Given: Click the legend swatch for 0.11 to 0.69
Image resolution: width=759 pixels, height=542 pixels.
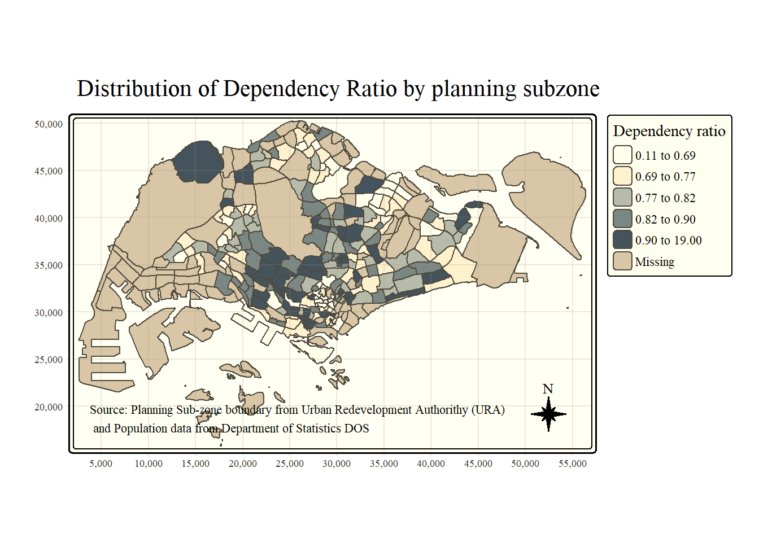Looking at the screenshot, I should pyautogui.click(x=622, y=155).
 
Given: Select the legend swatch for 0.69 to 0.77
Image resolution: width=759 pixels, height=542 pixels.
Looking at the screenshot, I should pyautogui.click(x=622, y=176).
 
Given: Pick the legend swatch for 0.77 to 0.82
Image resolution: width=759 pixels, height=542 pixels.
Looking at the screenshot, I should pyautogui.click(x=622, y=198).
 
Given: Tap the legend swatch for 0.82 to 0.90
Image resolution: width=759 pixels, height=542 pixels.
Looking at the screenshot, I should pyautogui.click(x=622, y=219).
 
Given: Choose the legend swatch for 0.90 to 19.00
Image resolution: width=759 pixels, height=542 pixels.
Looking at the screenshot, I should pyautogui.click(x=622, y=240).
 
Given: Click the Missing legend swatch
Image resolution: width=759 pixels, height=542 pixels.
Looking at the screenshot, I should pyautogui.click(x=622, y=261).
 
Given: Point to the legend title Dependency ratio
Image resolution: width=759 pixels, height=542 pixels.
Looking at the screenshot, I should pyautogui.click(x=669, y=131).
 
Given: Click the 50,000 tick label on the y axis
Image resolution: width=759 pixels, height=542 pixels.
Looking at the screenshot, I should pyautogui.click(x=49, y=124).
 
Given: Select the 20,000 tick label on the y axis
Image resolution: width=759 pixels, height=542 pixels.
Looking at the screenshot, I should pyautogui.click(x=49, y=407).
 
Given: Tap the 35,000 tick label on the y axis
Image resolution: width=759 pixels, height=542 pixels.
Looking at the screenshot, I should pyautogui.click(x=49, y=265).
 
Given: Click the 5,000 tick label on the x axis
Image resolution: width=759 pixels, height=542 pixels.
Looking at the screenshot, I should pyautogui.click(x=101, y=464).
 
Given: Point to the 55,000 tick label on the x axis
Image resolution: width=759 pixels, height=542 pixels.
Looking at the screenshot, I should pyautogui.click(x=573, y=464).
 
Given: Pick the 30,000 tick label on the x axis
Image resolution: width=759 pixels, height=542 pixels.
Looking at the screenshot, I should pyautogui.click(x=337, y=464).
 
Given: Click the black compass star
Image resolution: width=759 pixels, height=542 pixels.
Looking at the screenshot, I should pyautogui.click(x=548, y=414).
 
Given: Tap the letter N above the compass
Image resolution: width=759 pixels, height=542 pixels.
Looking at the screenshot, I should pyautogui.click(x=548, y=389).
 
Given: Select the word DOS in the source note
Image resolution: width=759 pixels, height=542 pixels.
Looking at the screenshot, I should pyautogui.click(x=356, y=429).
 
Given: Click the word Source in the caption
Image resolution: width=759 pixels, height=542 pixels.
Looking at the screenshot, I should pyautogui.click(x=108, y=410).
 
